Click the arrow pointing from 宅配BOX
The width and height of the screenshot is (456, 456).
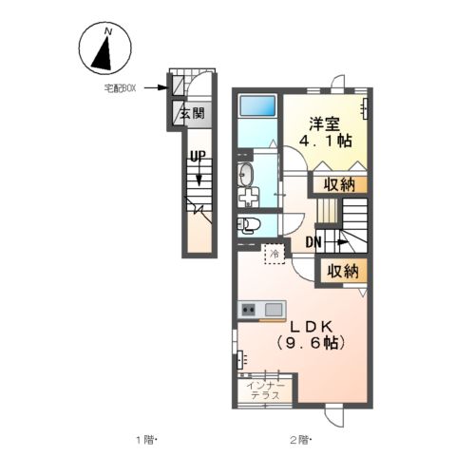158,88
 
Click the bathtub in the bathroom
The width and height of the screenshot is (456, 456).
256,106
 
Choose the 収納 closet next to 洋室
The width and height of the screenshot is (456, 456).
339,184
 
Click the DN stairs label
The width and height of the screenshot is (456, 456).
314,241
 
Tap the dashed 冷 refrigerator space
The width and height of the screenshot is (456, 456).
274,254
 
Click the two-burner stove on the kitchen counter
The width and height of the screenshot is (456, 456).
250,309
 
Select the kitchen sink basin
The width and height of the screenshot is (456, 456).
274,309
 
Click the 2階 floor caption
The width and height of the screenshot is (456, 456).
300,440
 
